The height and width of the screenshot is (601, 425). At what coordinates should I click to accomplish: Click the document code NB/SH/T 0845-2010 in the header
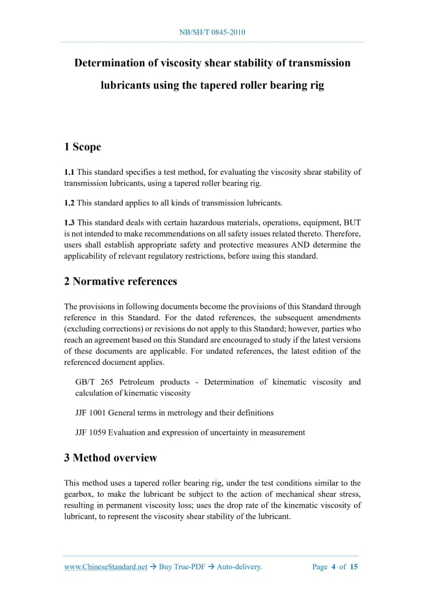(212, 32)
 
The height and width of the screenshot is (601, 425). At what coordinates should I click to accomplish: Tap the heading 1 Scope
(83, 147)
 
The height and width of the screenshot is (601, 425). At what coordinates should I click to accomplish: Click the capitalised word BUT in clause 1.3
(353, 223)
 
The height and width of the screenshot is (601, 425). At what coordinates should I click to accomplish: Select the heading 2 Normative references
(120, 281)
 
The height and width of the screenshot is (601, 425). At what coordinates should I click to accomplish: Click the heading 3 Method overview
(110, 457)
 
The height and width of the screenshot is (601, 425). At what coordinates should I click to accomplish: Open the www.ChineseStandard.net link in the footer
(105, 567)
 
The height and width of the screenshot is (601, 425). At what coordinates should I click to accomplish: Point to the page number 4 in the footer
(334, 567)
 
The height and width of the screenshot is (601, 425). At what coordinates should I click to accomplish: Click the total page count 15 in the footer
(354, 567)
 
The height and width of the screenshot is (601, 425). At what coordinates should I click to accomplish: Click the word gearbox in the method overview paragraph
(79, 494)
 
